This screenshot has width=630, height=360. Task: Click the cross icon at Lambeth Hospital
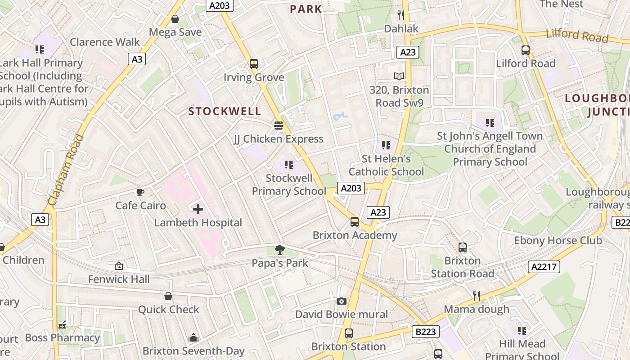[x=198, y=209]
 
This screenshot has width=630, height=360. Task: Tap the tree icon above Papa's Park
[x=279, y=249]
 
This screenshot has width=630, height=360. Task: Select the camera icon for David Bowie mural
[x=342, y=301]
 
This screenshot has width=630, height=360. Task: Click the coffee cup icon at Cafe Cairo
[x=140, y=193]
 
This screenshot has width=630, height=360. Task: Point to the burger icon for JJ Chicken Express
[x=279, y=125]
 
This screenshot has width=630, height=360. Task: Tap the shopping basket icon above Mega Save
[x=175, y=19]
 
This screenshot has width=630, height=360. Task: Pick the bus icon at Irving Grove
[x=254, y=64]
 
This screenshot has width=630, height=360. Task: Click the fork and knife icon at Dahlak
[x=401, y=15]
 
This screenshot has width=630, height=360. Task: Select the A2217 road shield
[x=544, y=266]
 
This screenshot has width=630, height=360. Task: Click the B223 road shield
[x=425, y=332]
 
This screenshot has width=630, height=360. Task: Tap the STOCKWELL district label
[x=225, y=111]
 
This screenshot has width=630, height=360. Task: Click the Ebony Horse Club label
[x=558, y=240]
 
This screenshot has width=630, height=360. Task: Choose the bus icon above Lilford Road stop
[x=526, y=50]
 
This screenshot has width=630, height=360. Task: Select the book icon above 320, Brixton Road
[x=399, y=76]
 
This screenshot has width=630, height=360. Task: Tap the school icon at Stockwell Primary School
[x=288, y=165]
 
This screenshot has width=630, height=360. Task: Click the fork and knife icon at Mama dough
[x=477, y=296]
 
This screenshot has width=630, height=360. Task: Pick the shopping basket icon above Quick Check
[x=168, y=296]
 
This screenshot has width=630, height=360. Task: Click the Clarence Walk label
[x=105, y=42]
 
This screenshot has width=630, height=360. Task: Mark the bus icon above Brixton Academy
[x=355, y=221]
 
